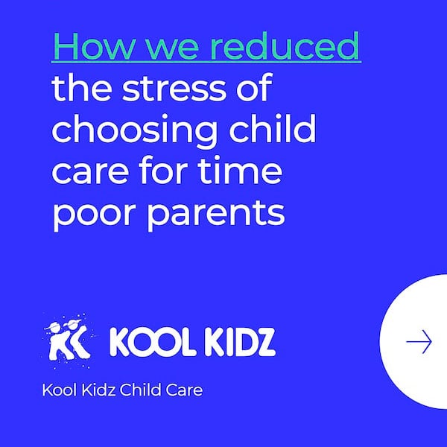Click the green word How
pos(92,45)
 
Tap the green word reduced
pos(285,45)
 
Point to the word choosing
pos(133,130)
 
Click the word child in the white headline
pos(273,128)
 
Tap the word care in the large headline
pos(90,173)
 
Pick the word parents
pos(216,214)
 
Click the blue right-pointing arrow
pos(419,341)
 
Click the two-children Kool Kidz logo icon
pos(69,340)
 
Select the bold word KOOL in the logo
pos(149,342)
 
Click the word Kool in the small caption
pos(60,390)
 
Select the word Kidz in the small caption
pos(98,390)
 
